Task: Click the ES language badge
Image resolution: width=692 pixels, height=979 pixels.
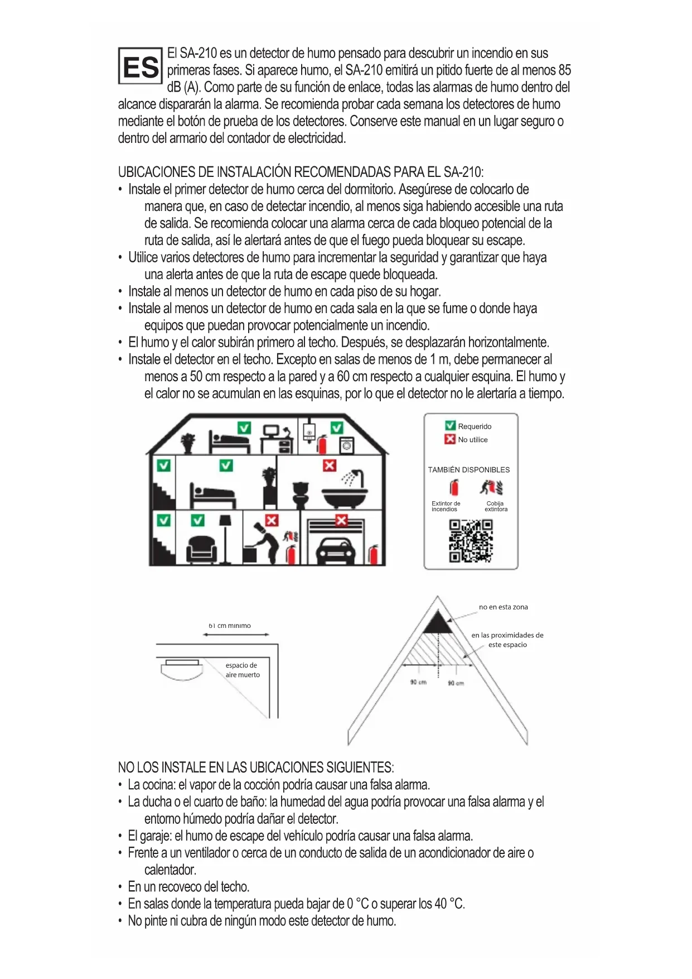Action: click(140, 66)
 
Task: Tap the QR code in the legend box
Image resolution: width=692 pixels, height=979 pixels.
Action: click(471, 541)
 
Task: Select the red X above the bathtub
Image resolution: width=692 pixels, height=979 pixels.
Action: click(330, 465)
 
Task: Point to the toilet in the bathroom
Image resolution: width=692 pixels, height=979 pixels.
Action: click(301, 494)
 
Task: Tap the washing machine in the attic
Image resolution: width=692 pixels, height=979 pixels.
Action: click(346, 445)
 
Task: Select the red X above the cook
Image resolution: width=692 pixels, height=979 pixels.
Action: click(272, 520)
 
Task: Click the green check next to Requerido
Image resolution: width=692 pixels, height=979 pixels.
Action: click(450, 426)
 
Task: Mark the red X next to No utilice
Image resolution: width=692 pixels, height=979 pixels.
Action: click(450, 439)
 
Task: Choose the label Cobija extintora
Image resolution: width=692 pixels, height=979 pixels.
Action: click(496, 506)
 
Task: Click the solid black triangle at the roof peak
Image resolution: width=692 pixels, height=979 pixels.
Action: click(438, 622)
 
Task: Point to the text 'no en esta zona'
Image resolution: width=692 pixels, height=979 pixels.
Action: click(503, 607)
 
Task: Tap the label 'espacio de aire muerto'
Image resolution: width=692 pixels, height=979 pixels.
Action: click(243, 670)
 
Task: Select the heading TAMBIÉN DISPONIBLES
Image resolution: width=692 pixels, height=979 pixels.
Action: click(468, 469)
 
